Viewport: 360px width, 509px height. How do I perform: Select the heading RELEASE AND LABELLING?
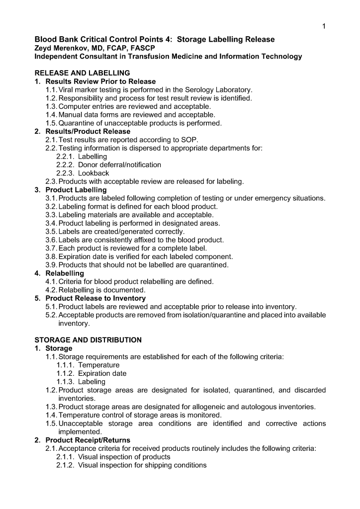[x=82, y=73]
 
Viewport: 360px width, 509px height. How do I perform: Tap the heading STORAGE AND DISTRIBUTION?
[x=88, y=340]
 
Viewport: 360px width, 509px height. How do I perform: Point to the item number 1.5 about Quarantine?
[x=51, y=123]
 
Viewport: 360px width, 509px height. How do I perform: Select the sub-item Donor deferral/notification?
[x=119, y=165]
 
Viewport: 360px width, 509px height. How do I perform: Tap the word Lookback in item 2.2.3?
[x=93, y=173]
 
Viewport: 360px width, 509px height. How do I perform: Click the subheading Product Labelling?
[x=76, y=190]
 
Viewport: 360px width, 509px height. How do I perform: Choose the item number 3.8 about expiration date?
[x=51, y=257]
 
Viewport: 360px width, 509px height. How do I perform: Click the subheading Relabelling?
[x=65, y=273]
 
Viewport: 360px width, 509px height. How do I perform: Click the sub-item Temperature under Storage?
[x=99, y=365]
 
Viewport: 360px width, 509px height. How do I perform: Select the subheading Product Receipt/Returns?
[x=88, y=440]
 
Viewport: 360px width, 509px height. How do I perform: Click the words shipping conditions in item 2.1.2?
[x=177, y=465]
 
